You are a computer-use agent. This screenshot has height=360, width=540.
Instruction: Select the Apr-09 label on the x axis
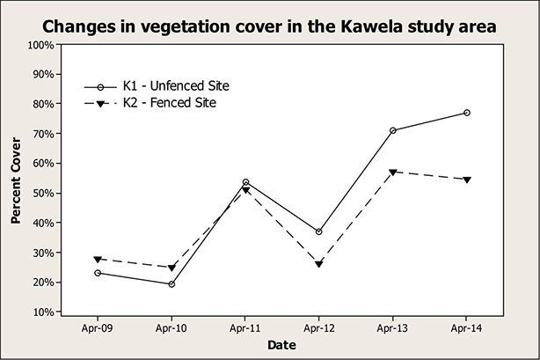pos(97,327)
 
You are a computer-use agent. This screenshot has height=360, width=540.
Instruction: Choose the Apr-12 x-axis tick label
pos(318,327)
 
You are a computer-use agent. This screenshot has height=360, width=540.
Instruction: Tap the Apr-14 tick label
pos(466,327)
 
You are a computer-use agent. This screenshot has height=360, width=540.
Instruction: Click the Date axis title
pos(282,346)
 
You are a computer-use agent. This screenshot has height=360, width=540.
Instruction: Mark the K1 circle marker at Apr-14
pos(467,113)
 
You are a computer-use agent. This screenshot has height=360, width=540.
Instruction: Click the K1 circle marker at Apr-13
pos(393,130)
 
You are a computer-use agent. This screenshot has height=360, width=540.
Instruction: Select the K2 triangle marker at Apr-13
pos(393,172)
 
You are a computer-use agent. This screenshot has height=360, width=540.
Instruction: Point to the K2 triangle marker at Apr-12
pos(318,264)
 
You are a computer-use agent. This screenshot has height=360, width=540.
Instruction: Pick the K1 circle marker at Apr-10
pos(171,284)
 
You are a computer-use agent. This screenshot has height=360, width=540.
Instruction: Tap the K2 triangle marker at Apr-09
pos(97,260)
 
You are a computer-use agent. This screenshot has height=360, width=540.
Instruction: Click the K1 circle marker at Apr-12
pos(318,231)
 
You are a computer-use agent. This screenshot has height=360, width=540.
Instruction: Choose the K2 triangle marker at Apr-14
pos(467,180)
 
